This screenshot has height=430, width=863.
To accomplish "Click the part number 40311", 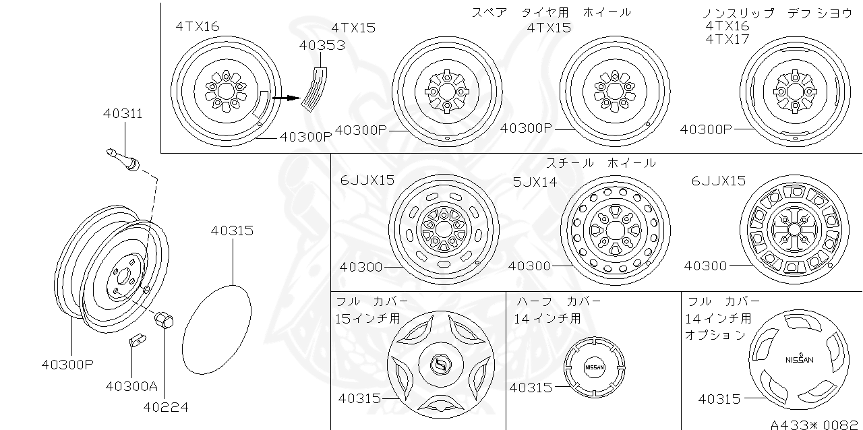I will (x=123, y=113).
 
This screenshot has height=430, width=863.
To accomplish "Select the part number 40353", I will (x=322, y=45).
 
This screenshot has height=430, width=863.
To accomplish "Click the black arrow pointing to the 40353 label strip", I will (x=286, y=98).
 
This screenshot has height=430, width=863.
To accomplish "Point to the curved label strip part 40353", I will (x=314, y=88).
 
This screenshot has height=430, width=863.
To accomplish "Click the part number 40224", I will (x=165, y=406).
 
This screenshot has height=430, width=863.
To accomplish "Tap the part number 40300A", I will (x=131, y=386).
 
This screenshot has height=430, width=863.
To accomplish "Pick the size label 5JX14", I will (x=535, y=181).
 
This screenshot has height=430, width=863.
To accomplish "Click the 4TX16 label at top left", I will (x=198, y=26).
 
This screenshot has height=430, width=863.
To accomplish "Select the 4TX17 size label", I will (x=727, y=39).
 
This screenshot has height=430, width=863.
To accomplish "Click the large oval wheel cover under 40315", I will (x=217, y=328).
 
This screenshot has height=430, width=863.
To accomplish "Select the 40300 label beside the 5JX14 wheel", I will (x=529, y=266).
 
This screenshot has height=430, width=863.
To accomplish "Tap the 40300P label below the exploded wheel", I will (x=67, y=365).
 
